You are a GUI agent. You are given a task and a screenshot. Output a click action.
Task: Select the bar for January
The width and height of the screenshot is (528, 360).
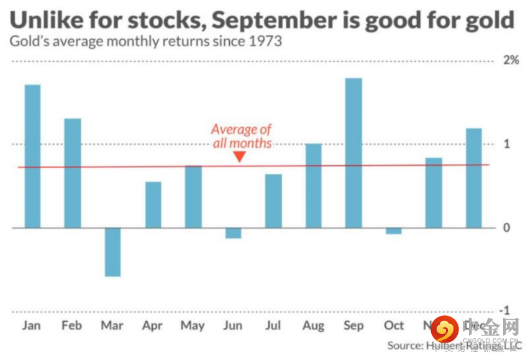click(32, 156)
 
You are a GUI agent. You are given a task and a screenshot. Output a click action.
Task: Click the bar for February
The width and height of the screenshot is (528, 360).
click(73, 173)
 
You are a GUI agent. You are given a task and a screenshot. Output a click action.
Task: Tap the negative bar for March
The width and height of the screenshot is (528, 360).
click(112, 252)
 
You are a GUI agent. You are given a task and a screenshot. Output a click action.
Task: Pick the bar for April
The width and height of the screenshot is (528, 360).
click(153, 205)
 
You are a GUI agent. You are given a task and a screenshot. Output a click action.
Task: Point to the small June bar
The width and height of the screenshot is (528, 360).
click(233, 233)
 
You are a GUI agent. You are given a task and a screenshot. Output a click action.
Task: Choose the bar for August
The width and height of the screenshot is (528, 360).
click(313, 186)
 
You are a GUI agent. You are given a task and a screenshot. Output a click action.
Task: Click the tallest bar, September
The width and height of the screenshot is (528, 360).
click(353, 153)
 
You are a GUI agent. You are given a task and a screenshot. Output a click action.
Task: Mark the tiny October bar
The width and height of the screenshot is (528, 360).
click(393, 231)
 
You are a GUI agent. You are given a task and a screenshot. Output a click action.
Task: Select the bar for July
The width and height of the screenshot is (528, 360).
click(273, 201)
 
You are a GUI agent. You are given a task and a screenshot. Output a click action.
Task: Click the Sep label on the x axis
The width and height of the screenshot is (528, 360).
click(353, 326)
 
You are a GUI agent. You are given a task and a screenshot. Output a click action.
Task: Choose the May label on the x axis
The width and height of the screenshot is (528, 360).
click(192, 326)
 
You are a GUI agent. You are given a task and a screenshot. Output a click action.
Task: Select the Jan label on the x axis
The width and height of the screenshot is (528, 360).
click(32, 326)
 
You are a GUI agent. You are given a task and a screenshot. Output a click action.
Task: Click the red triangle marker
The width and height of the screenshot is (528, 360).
click(240, 157)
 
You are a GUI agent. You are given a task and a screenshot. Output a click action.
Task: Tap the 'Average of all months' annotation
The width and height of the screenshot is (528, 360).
click(241, 136)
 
